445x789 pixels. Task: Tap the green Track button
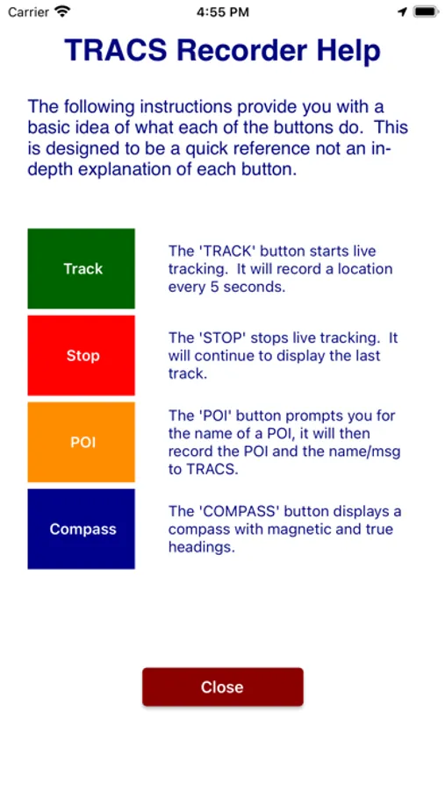[x=81, y=268]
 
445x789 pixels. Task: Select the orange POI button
[x=81, y=442]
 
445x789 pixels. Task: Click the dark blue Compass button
[x=81, y=529]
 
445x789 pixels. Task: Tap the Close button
[x=222, y=686]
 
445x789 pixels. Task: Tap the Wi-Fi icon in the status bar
[x=62, y=11]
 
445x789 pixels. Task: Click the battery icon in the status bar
[x=426, y=11]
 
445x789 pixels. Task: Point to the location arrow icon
[x=402, y=12]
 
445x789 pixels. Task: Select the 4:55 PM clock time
[x=222, y=12]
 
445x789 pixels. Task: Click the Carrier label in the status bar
[x=28, y=12]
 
